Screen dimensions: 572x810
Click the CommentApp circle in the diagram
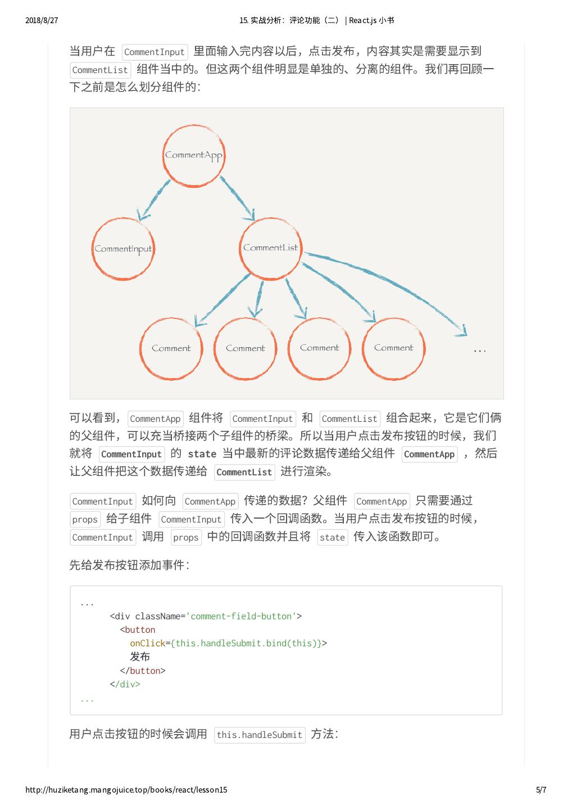point(194,156)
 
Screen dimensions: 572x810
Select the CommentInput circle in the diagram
point(122,249)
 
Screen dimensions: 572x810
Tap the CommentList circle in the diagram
point(270,248)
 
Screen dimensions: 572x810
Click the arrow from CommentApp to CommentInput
point(155,199)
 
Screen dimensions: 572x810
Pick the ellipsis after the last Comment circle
point(479,350)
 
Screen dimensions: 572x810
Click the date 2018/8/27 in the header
point(42,20)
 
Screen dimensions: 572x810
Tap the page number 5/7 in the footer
point(541,790)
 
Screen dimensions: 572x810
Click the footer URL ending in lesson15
point(126,790)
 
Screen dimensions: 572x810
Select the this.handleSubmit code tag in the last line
point(260,735)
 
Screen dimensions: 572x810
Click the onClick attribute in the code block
point(147,643)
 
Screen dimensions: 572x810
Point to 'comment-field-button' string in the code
point(241,616)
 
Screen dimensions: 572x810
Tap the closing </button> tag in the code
point(143,670)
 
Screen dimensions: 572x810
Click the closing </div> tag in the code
point(125,684)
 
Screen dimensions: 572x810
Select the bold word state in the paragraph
point(202,454)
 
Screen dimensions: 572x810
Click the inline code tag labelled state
point(332,537)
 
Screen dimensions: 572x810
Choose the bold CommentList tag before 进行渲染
point(244,472)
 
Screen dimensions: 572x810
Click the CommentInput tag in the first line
point(154,52)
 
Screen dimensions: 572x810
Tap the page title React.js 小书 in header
point(371,20)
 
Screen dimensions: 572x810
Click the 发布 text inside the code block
point(140,656)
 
